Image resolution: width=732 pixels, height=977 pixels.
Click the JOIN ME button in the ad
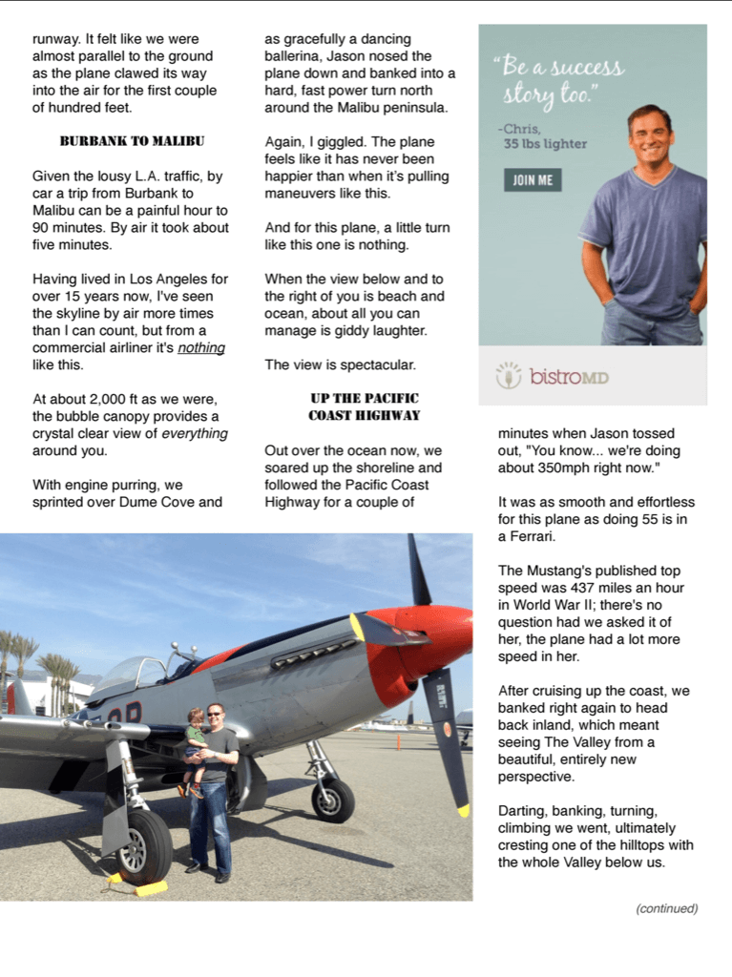pyautogui.click(x=533, y=180)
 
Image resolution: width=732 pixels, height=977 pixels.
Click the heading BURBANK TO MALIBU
pyautogui.click(x=132, y=141)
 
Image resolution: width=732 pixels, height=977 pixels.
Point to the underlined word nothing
pyautogui.click(x=201, y=348)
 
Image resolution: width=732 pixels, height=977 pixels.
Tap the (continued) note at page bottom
pyautogui.click(x=667, y=908)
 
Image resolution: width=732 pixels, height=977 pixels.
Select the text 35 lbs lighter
pyautogui.click(x=545, y=145)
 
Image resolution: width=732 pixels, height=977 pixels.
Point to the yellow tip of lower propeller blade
pyautogui.click(x=463, y=810)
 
